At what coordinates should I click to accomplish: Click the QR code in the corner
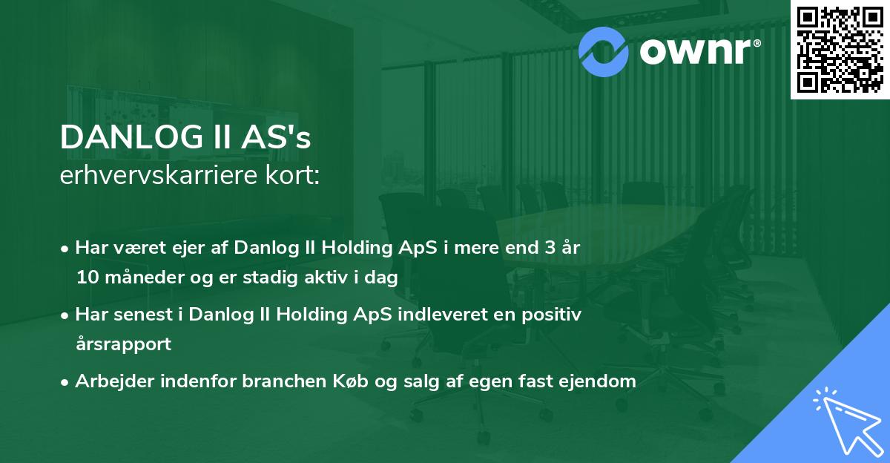pos(840,49)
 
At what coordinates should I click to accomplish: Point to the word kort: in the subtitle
pos(295,176)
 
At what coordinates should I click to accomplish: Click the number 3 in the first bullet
pos(550,248)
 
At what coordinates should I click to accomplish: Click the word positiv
pos(555,315)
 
